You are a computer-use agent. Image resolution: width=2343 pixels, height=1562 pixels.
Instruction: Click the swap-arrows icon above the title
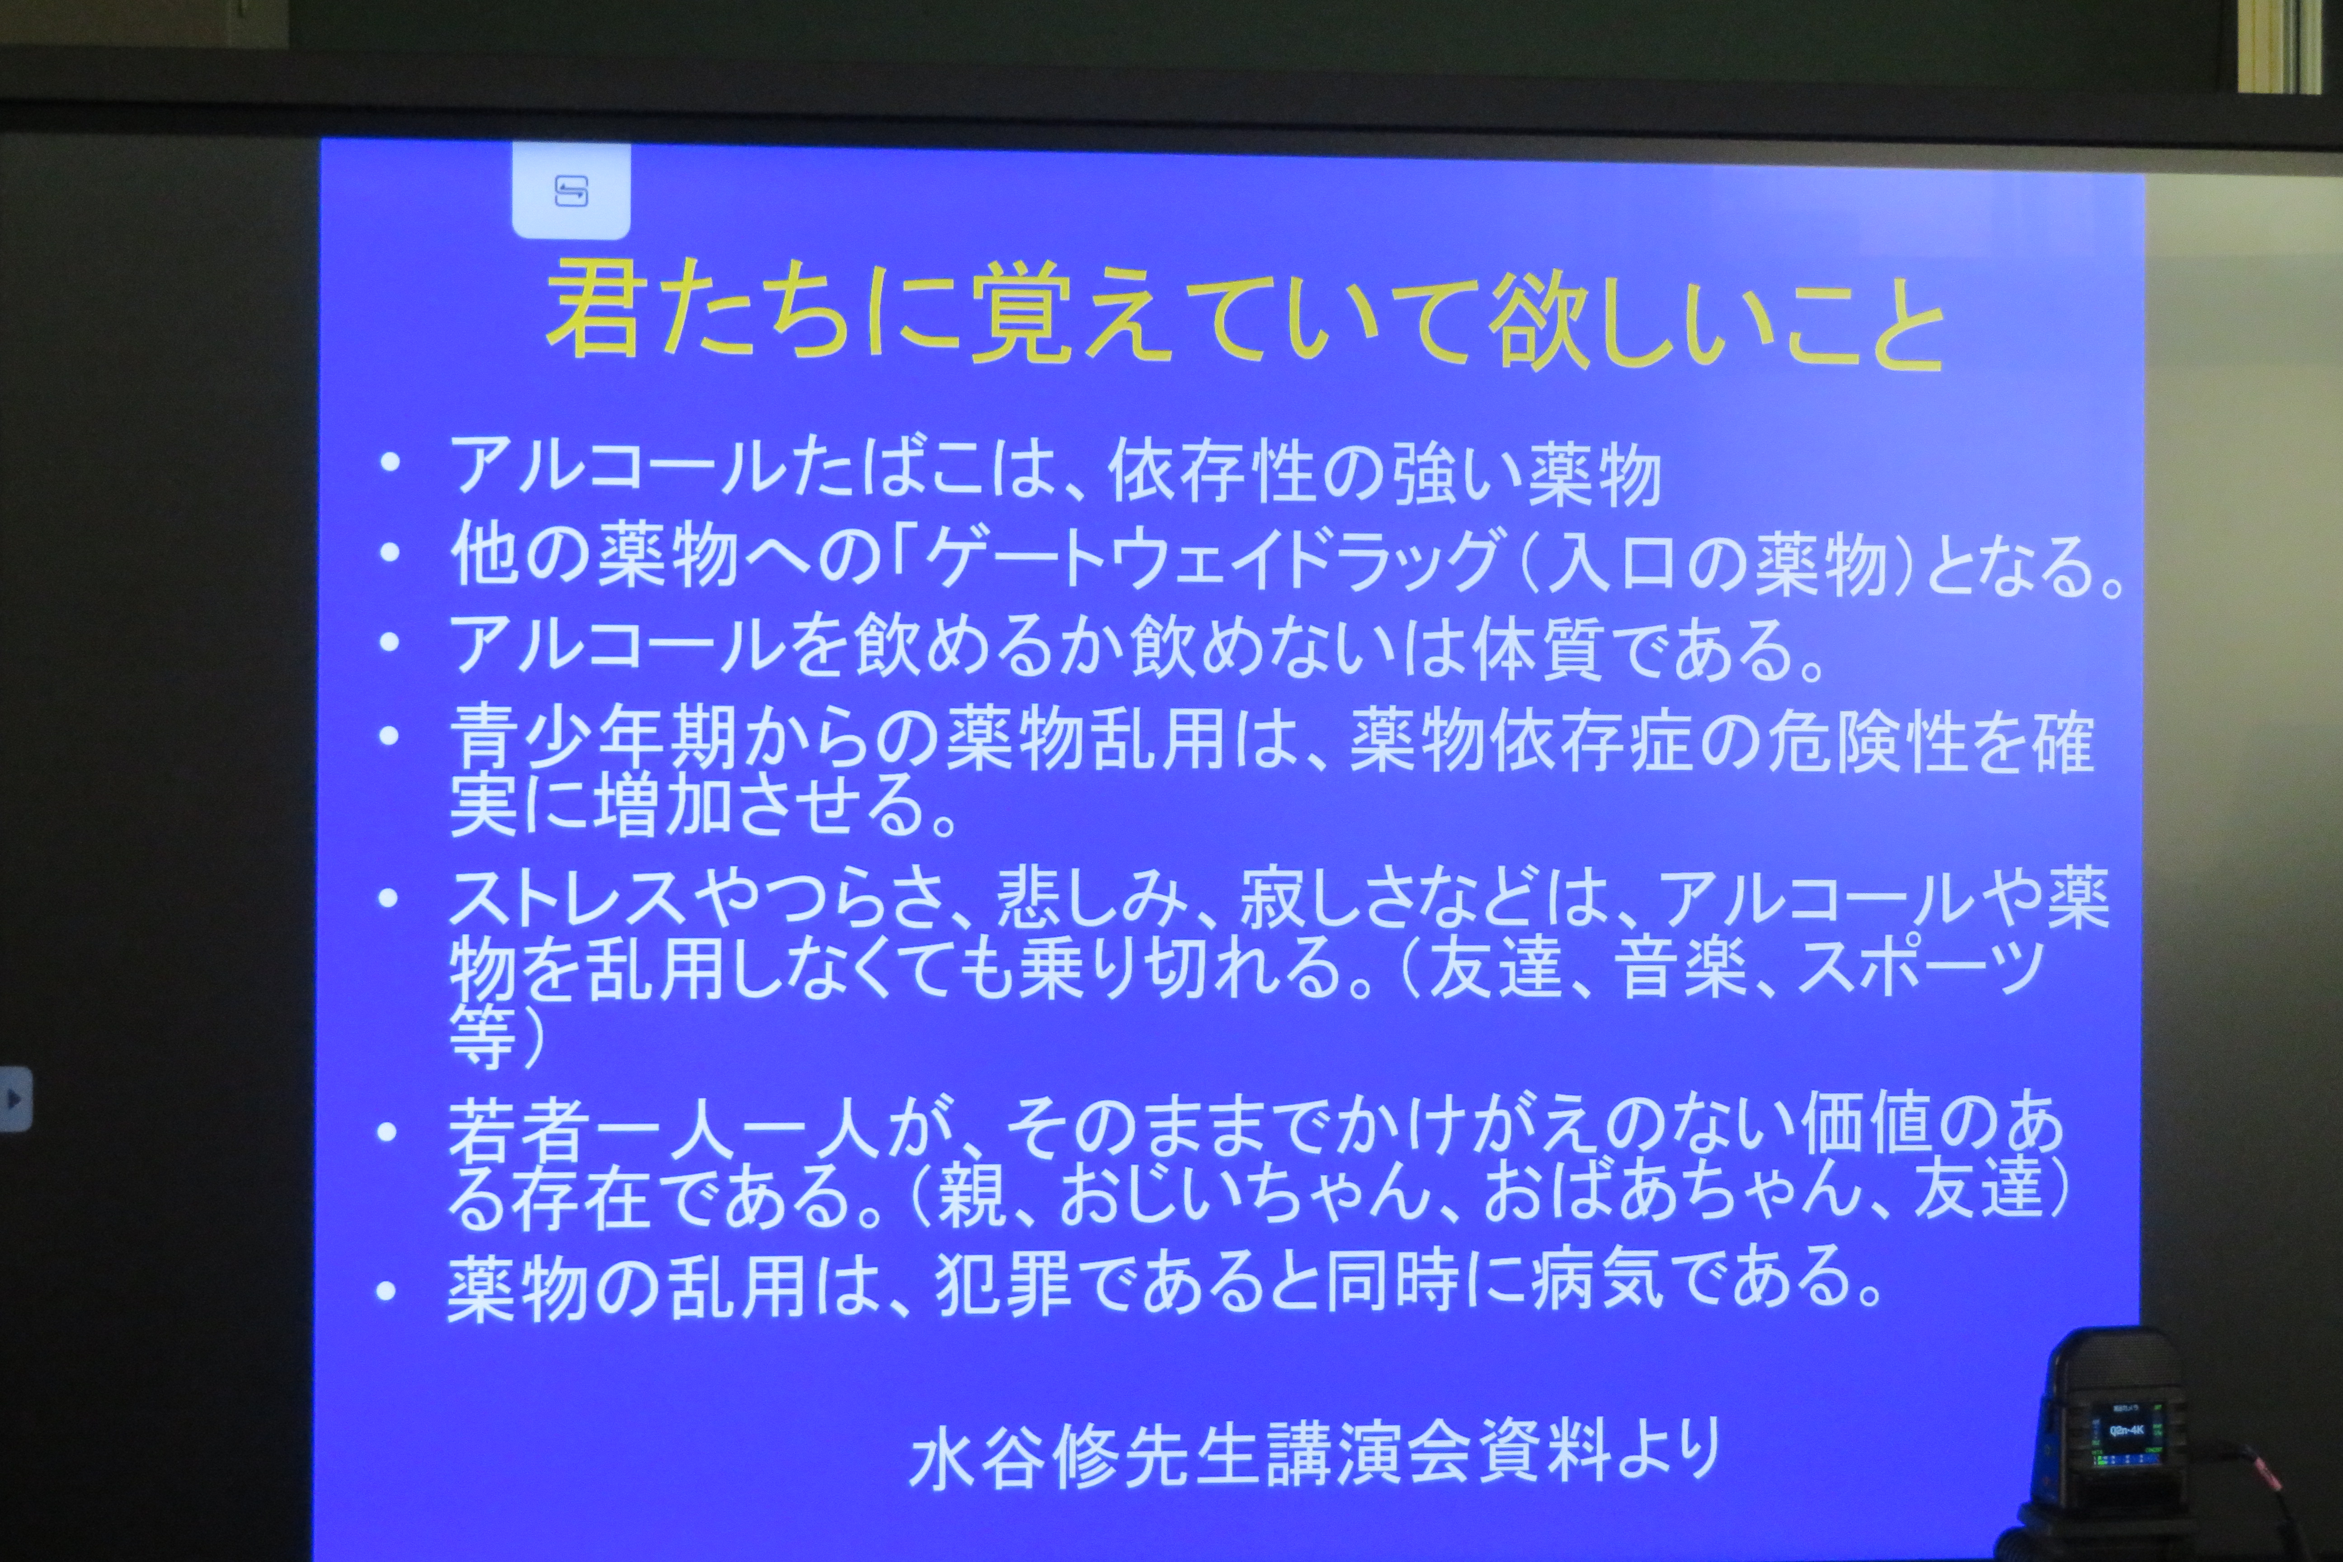click(571, 190)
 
